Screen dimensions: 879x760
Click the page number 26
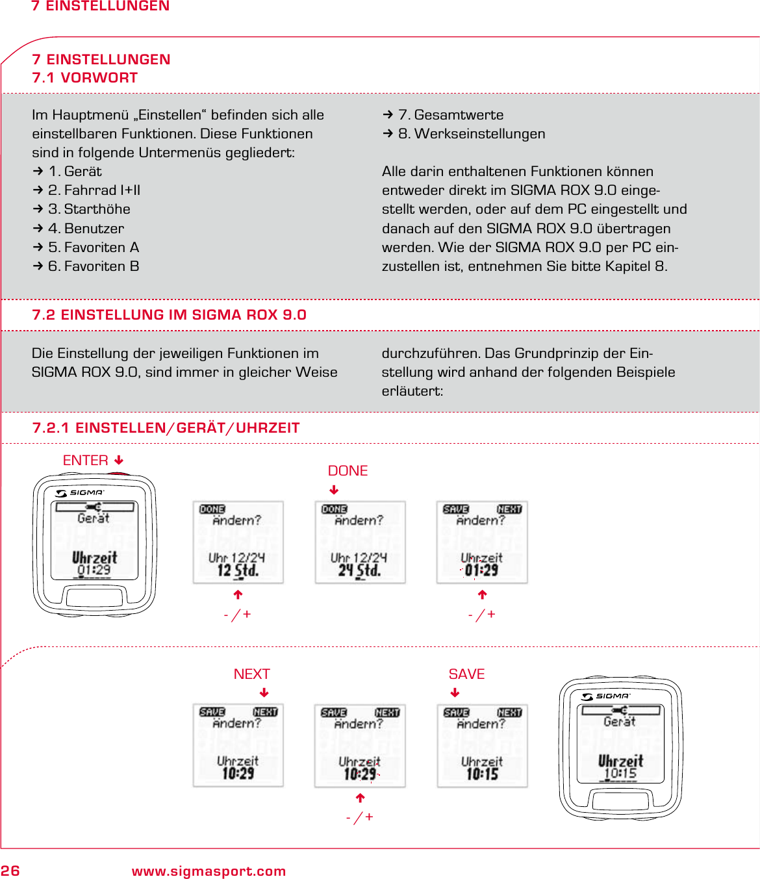[10, 871]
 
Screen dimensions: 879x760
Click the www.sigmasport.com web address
[209, 871]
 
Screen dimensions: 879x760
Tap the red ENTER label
[85, 460]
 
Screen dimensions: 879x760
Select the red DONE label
[348, 470]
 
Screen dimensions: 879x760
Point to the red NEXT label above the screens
[251, 674]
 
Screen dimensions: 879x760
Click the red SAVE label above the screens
[466, 674]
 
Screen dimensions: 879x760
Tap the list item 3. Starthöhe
[89, 209]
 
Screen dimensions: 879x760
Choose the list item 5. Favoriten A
[94, 248]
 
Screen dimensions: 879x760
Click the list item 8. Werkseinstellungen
[471, 134]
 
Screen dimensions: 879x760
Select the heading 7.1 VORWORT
[85, 78]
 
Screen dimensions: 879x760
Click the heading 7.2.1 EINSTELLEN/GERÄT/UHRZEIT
[166, 428]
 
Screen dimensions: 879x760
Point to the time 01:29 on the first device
[94, 570]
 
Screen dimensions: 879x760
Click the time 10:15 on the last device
[620, 774]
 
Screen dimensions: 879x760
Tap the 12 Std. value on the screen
[238, 570]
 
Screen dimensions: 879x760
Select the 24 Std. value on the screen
[359, 570]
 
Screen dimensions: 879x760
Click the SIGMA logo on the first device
[80, 492]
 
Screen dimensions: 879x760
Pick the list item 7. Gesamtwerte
[450, 115]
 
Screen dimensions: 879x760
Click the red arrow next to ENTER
[119, 460]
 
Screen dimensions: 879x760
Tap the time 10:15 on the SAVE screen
[482, 774]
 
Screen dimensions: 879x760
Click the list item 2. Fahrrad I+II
[94, 190]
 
